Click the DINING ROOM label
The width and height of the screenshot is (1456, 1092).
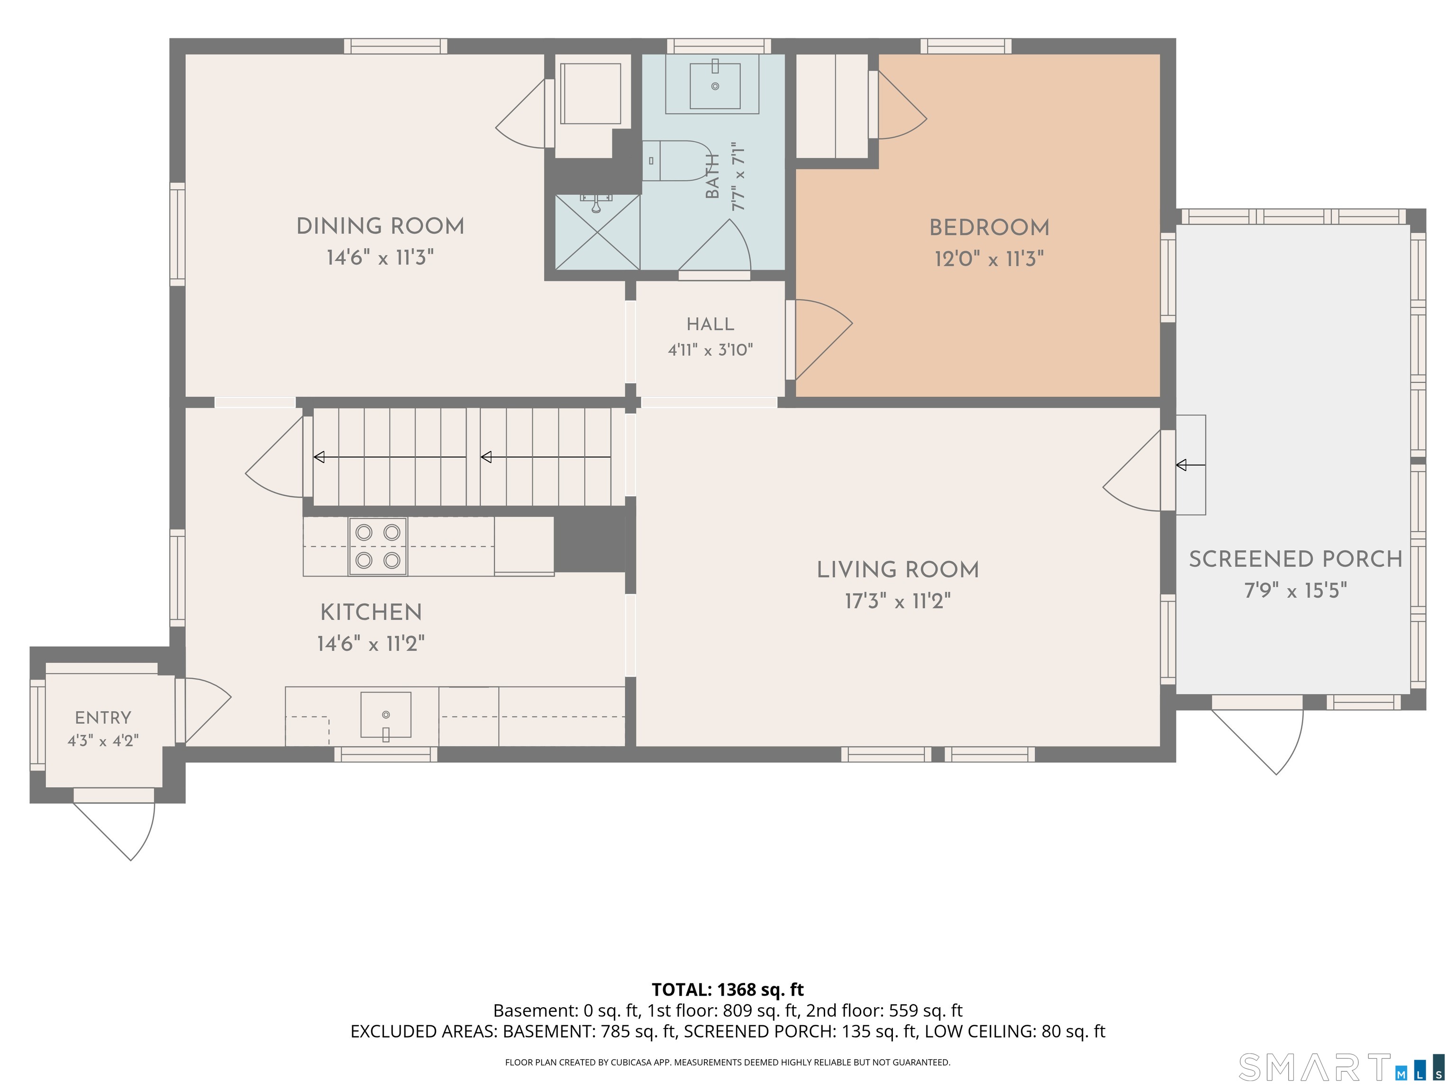pos(381,227)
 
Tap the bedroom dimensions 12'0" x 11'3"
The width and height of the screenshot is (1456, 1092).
pos(989,259)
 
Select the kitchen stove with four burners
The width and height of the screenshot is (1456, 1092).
pos(378,546)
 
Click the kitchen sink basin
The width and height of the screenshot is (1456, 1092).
pos(386,715)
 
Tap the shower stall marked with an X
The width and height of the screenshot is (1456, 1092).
pos(598,232)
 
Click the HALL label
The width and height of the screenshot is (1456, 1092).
pos(710,325)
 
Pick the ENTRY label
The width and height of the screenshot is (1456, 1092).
pos(103,718)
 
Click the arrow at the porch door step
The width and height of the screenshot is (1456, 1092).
pos(1191,465)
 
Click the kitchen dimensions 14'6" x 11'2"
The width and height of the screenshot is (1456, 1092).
pos(371,643)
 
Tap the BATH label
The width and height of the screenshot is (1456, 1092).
pos(712,176)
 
